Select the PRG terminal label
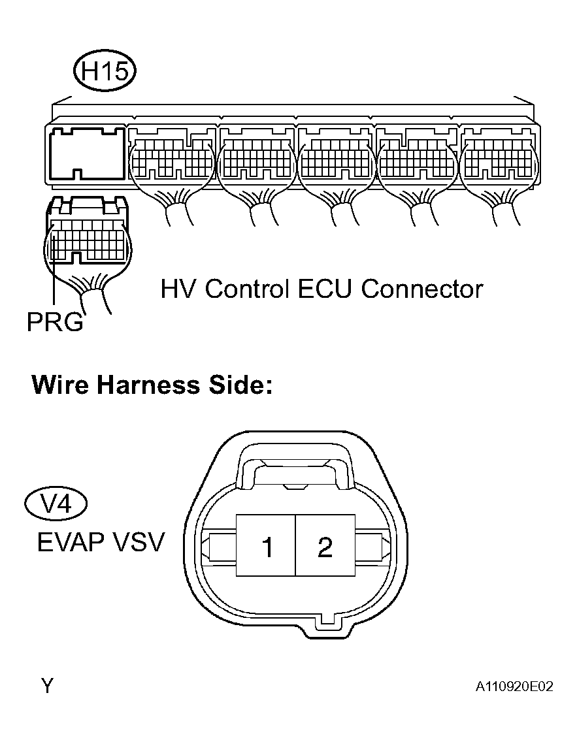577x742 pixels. [x=55, y=322]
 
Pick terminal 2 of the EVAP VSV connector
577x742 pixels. [x=325, y=545]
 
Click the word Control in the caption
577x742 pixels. [x=246, y=289]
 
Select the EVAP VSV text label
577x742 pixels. [x=101, y=542]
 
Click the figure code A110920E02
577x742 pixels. [x=514, y=686]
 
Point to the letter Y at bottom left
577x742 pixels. [x=47, y=686]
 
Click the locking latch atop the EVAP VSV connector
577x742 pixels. [x=295, y=466]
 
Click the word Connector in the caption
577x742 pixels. [x=422, y=289]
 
